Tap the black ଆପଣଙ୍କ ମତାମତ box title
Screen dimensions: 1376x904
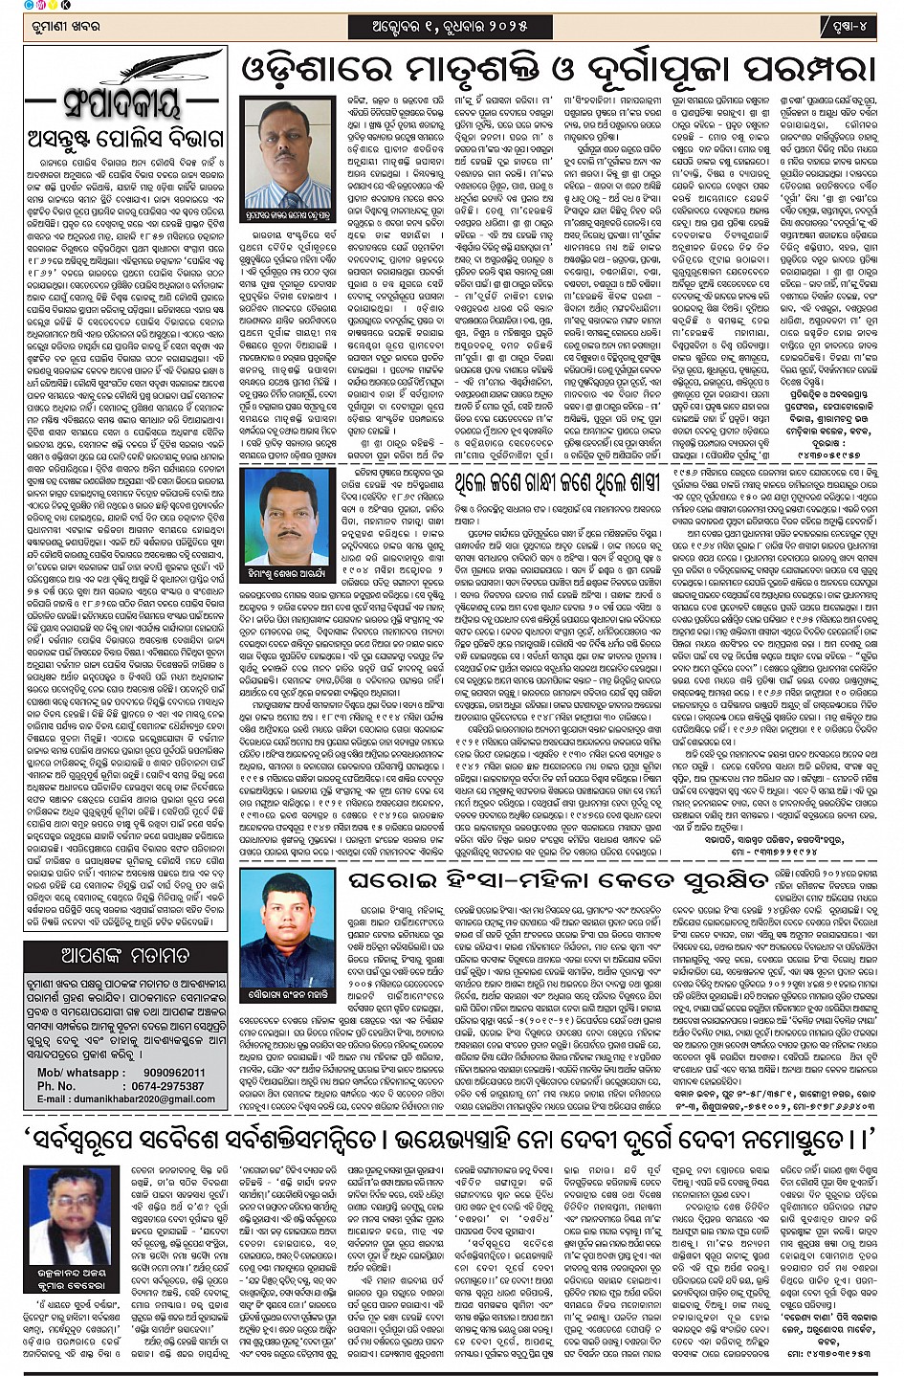coord(125,954)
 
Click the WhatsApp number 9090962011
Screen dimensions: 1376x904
coord(174,1073)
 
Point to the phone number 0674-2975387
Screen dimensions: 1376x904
coord(167,1086)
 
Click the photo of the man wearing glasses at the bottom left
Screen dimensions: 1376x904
coord(72,1213)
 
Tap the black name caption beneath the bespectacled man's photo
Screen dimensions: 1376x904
coord(72,1285)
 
